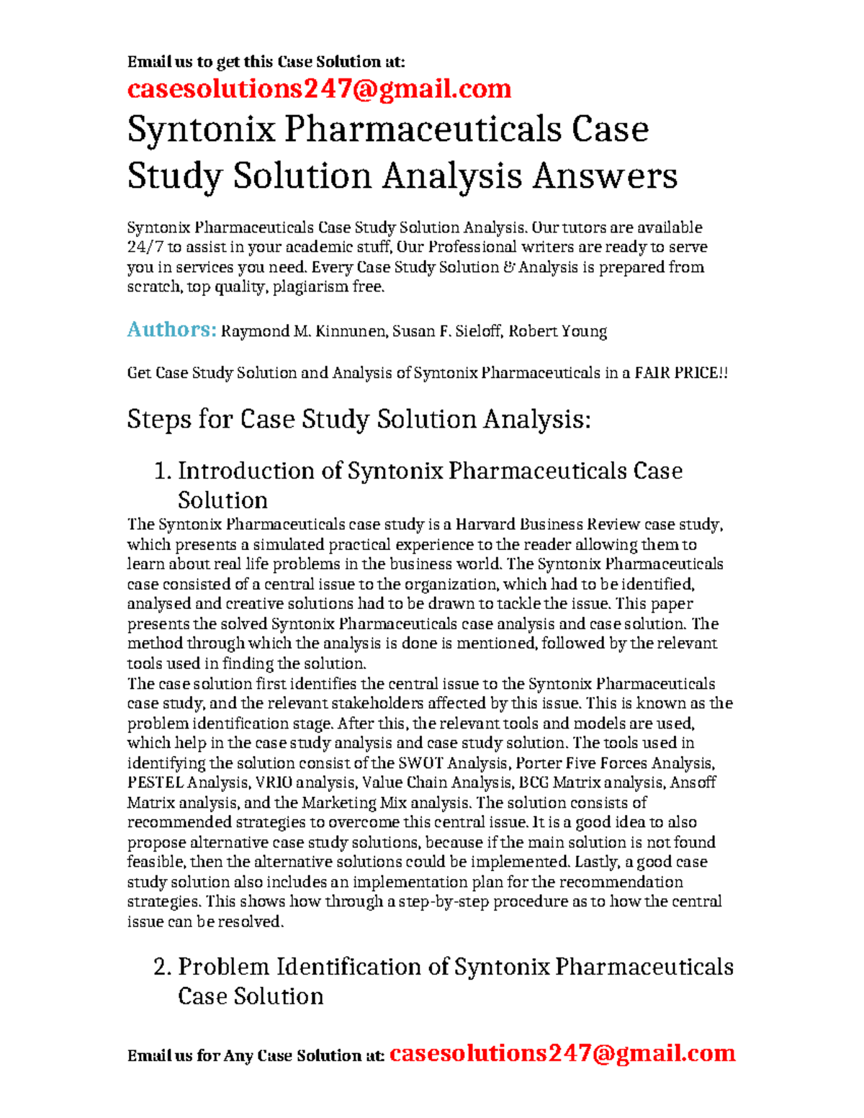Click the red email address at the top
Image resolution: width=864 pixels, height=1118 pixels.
(x=319, y=89)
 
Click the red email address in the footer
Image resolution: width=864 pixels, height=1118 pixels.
(x=562, y=1053)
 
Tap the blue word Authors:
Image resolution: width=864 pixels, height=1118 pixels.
(x=171, y=330)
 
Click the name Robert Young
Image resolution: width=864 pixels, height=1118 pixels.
(x=557, y=332)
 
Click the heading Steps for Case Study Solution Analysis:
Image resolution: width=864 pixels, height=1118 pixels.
(x=359, y=419)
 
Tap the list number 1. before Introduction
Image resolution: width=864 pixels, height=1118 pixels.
(x=163, y=471)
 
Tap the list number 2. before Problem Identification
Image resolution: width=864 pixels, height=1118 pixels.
(x=163, y=967)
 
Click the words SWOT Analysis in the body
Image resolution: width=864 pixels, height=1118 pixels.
(x=454, y=763)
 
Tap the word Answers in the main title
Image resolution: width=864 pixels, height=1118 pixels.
(x=605, y=176)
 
